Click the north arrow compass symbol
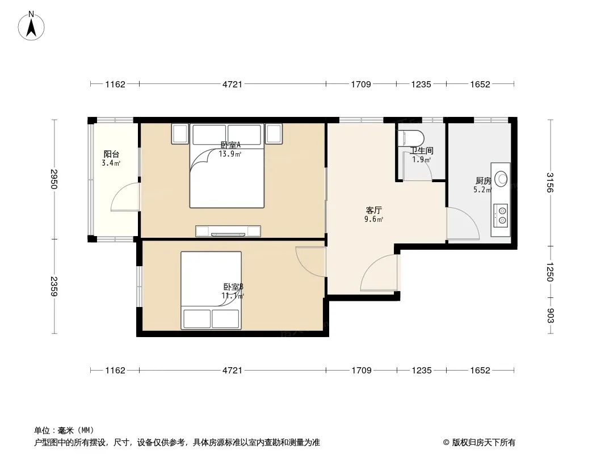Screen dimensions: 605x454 (31, 26)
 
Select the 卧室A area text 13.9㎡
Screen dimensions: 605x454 (230, 154)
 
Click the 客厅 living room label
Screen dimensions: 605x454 (374, 210)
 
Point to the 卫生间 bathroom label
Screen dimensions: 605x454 (422, 150)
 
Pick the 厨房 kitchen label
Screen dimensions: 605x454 (483, 180)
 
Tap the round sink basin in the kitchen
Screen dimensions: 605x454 (502, 179)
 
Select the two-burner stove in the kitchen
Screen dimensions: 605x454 (501, 216)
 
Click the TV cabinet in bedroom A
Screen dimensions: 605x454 (228, 231)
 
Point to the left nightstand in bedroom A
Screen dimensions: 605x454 (180, 134)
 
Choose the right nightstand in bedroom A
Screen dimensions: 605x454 (274, 134)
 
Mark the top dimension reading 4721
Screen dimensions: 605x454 (232, 84)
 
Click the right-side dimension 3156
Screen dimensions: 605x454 (550, 182)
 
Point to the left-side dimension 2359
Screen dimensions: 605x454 (54, 286)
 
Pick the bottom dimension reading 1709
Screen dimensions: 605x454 (362, 371)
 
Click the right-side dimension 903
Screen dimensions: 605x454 (550, 316)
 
